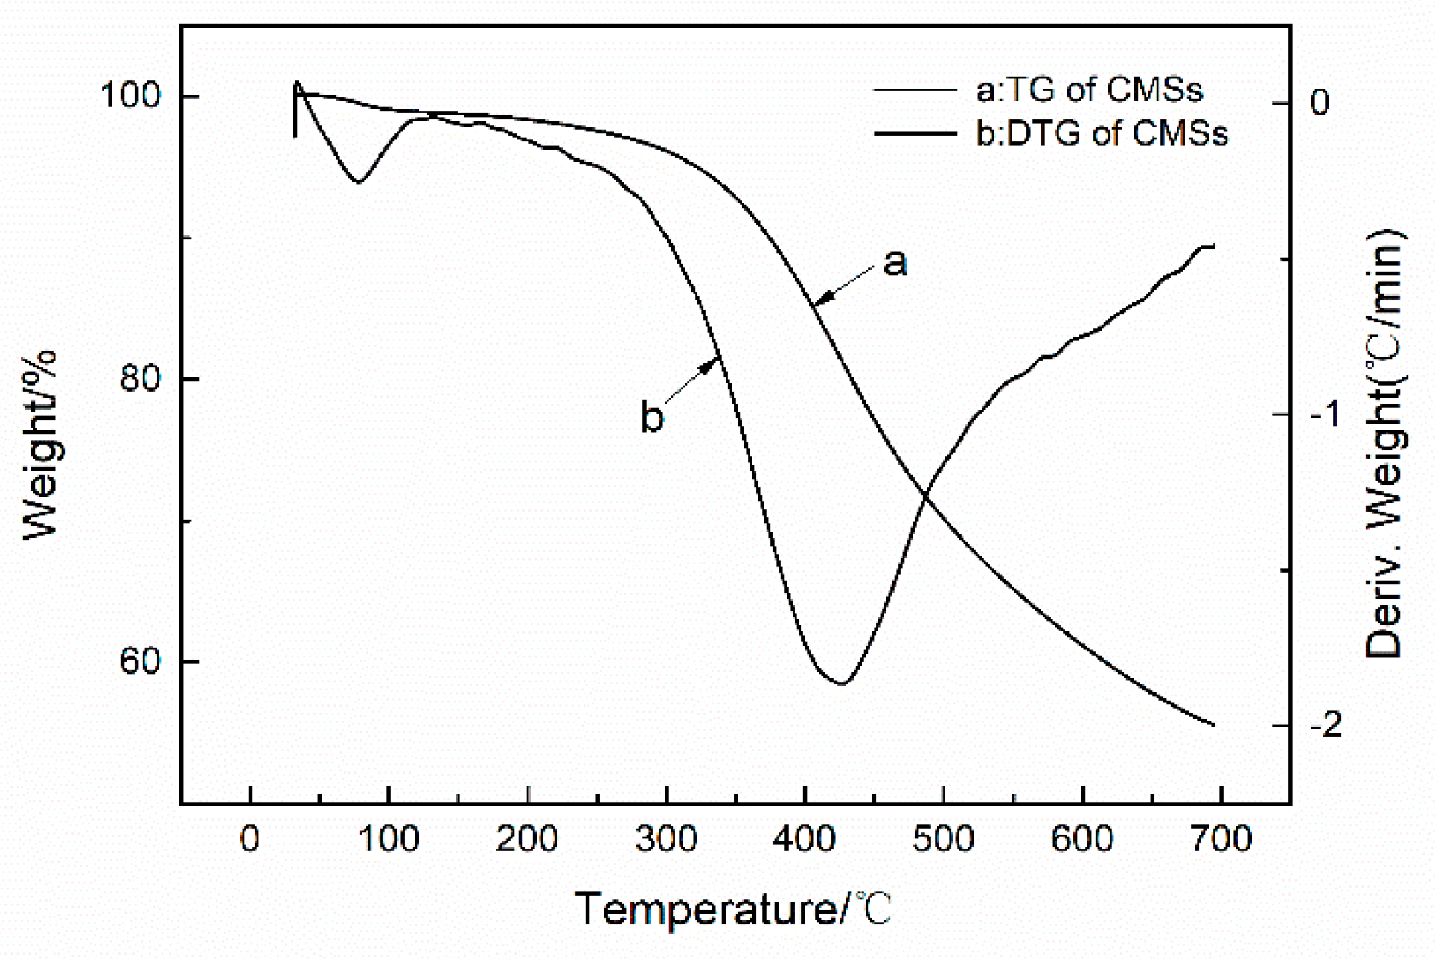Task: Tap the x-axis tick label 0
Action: click(250, 840)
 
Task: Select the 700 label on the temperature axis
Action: click(1221, 840)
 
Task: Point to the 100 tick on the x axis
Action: click(389, 840)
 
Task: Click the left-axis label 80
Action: click(140, 380)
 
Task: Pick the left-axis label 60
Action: click(140, 661)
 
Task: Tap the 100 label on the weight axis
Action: click(130, 98)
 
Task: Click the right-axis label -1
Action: click(1326, 415)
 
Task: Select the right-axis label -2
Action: click(1326, 726)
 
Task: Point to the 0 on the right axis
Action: click(1319, 103)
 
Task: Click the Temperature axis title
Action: click(733, 909)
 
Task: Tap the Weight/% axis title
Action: click(40, 445)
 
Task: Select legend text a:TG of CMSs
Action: click(1089, 90)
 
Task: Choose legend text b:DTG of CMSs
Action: click(1102, 134)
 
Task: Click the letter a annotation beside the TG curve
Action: click(895, 262)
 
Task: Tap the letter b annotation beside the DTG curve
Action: click(652, 417)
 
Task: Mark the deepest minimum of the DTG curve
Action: click(841, 684)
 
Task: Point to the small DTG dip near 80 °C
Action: click(359, 182)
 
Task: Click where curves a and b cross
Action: click(925, 494)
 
